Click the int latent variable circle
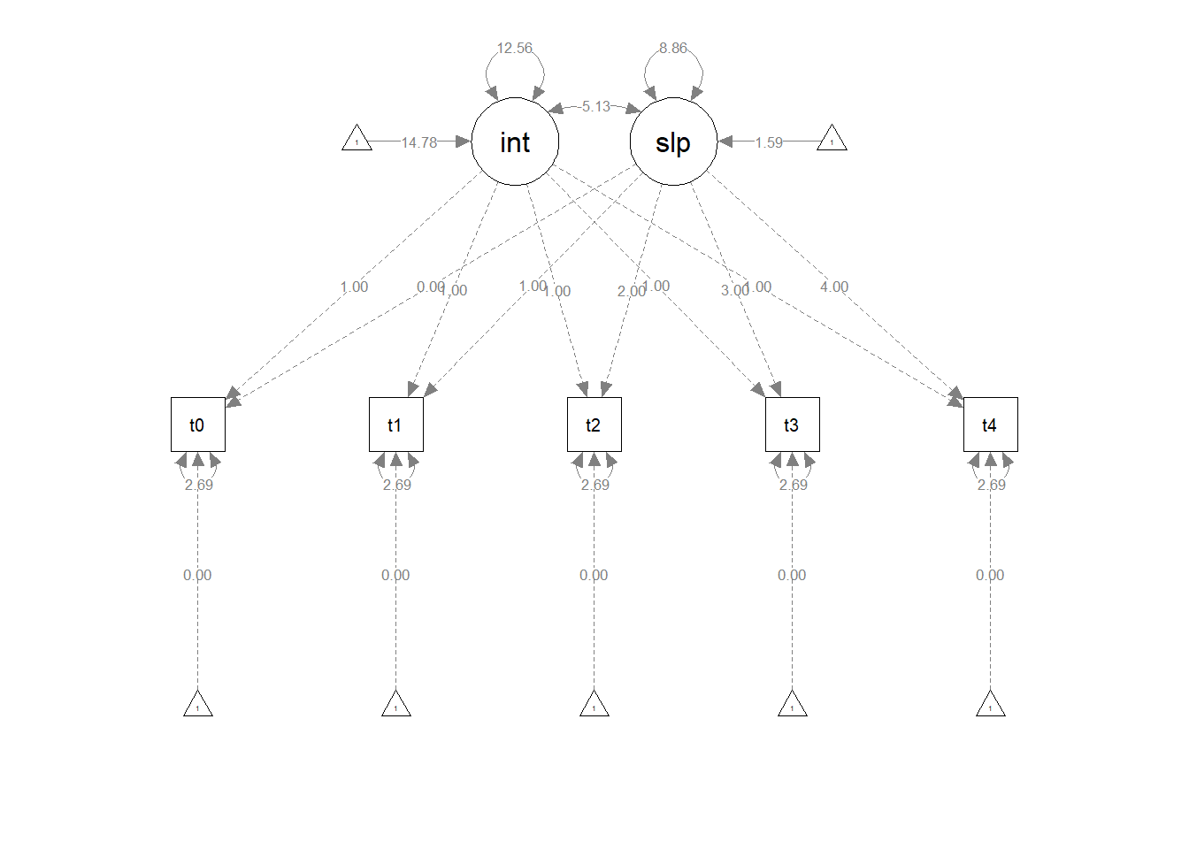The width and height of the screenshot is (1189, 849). (x=515, y=141)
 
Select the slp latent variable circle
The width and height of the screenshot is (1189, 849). (x=673, y=141)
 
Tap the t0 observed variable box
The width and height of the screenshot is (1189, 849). (x=197, y=424)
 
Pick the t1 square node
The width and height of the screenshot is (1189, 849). (x=395, y=424)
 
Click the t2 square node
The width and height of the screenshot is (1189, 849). (x=594, y=424)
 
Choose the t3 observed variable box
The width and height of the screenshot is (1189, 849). (x=792, y=424)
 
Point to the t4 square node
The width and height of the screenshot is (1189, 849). (x=990, y=424)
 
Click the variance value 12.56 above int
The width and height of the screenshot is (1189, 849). (x=514, y=48)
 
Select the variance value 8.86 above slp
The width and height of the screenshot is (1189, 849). (x=673, y=48)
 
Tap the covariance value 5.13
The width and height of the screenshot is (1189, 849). (x=595, y=106)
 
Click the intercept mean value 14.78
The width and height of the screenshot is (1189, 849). (x=418, y=142)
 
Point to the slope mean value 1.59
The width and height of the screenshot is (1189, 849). (x=768, y=142)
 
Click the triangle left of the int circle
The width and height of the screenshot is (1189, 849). (x=357, y=140)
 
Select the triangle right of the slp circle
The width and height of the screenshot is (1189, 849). (x=832, y=140)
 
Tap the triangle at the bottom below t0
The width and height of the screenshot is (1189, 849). (x=197, y=705)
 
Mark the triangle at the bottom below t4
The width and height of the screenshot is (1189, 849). (x=990, y=705)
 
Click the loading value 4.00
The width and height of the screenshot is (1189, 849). (x=833, y=287)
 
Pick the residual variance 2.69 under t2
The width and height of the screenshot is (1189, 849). (x=594, y=485)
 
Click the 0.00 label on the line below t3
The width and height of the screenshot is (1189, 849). (x=792, y=575)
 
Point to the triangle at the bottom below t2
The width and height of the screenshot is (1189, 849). (x=594, y=705)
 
